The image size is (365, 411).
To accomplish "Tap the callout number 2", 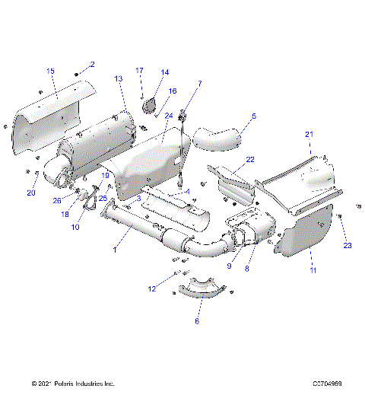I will point(92,64).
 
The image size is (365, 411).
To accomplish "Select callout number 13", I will point(119,79).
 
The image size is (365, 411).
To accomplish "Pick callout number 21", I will point(309,134).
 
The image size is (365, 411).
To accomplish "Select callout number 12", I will point(152,288).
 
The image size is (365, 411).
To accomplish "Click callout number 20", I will point(31,193).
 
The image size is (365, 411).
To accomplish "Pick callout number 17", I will point(140,70).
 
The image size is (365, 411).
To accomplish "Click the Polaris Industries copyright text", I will point(73,384).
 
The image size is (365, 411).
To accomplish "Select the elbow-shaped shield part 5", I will point(217,138).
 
